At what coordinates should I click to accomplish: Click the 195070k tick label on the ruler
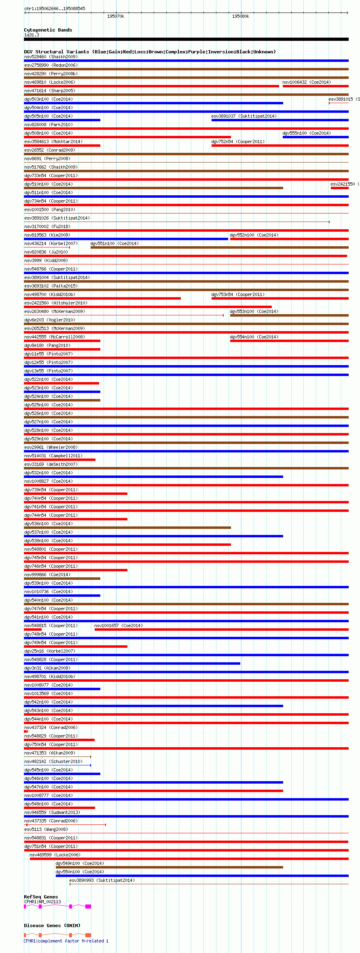pos(116,16)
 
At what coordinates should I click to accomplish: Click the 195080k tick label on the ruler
pos(241,16)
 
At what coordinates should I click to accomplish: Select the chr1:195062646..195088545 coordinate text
pos(55,8)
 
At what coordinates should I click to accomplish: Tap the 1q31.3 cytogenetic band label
pos(32,35)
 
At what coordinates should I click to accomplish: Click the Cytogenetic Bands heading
pos(48,30)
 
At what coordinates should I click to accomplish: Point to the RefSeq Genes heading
pos(41,897)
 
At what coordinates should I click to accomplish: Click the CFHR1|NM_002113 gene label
pos(42,902)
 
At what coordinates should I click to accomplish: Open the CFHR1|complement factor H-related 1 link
pos(66,941)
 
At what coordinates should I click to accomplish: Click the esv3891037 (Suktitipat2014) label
pos(244,116)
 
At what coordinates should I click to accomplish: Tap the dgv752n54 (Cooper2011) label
pos(238,142)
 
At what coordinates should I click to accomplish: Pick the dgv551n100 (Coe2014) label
pos(114,243)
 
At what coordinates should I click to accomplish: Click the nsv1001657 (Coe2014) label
pos(119,625)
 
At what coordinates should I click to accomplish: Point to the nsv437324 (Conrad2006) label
pos(51,727)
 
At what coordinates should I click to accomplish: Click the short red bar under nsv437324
pos(26,731)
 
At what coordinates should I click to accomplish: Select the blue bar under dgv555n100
pos(315,137)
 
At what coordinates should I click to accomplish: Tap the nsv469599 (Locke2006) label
pos(55,855)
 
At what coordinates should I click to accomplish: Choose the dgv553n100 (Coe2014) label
pos(254,311)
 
